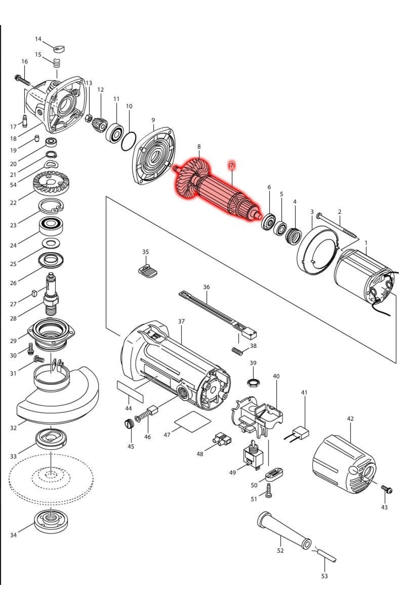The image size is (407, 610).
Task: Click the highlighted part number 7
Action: click(232, 165)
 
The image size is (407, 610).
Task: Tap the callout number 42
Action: click(350, 419)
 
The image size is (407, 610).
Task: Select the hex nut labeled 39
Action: click(253, 383)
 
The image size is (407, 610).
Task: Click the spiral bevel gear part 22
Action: click(51, 185)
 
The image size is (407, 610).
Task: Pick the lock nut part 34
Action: click(51, 522)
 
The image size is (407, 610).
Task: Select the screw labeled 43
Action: click(386, 489)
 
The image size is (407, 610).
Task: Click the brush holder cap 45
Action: click(128, 424)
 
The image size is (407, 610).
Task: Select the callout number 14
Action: click(38, 39)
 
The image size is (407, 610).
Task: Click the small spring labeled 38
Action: click(238, 352)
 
